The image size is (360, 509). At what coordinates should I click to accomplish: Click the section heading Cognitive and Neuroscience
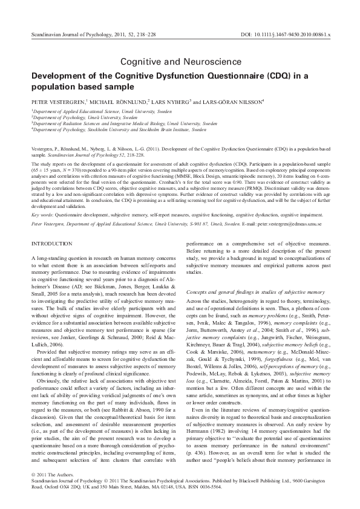click(x=180, y=62)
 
